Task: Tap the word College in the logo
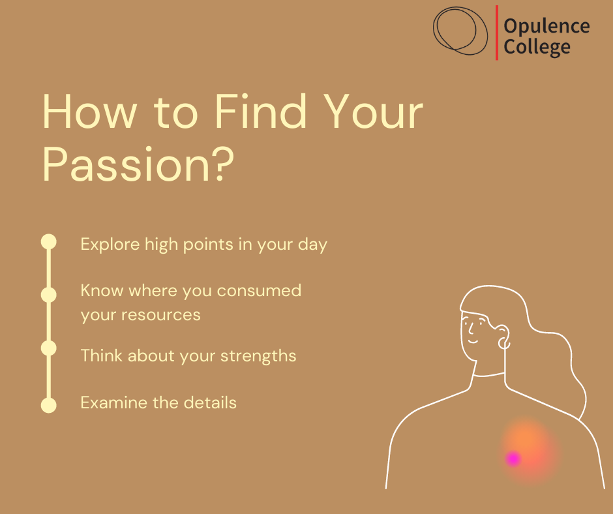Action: [x=537, y=48]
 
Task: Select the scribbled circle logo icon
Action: [x=460, y=31]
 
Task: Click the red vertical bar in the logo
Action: [x=497, y=33]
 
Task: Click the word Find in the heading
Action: [x=261, y=112]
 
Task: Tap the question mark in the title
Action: [x=224, y=164]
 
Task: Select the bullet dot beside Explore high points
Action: [x=49, y=242]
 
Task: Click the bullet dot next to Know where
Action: [x=49, y=295]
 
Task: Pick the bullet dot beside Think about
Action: [x=49, y=348]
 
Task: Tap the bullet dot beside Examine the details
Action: [x=49, y=405]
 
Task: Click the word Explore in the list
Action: [x=110, y=245]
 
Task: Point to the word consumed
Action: [x=259, y=291]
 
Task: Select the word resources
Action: [x=161, y=315]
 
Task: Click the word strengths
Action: [x=258, y=356]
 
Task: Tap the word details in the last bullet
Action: [x=211, y=402]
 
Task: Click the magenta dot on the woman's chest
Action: [x=513, y=459]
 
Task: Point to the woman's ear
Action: [x=503, y=337]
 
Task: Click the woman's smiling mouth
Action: [x=473, y=342]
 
